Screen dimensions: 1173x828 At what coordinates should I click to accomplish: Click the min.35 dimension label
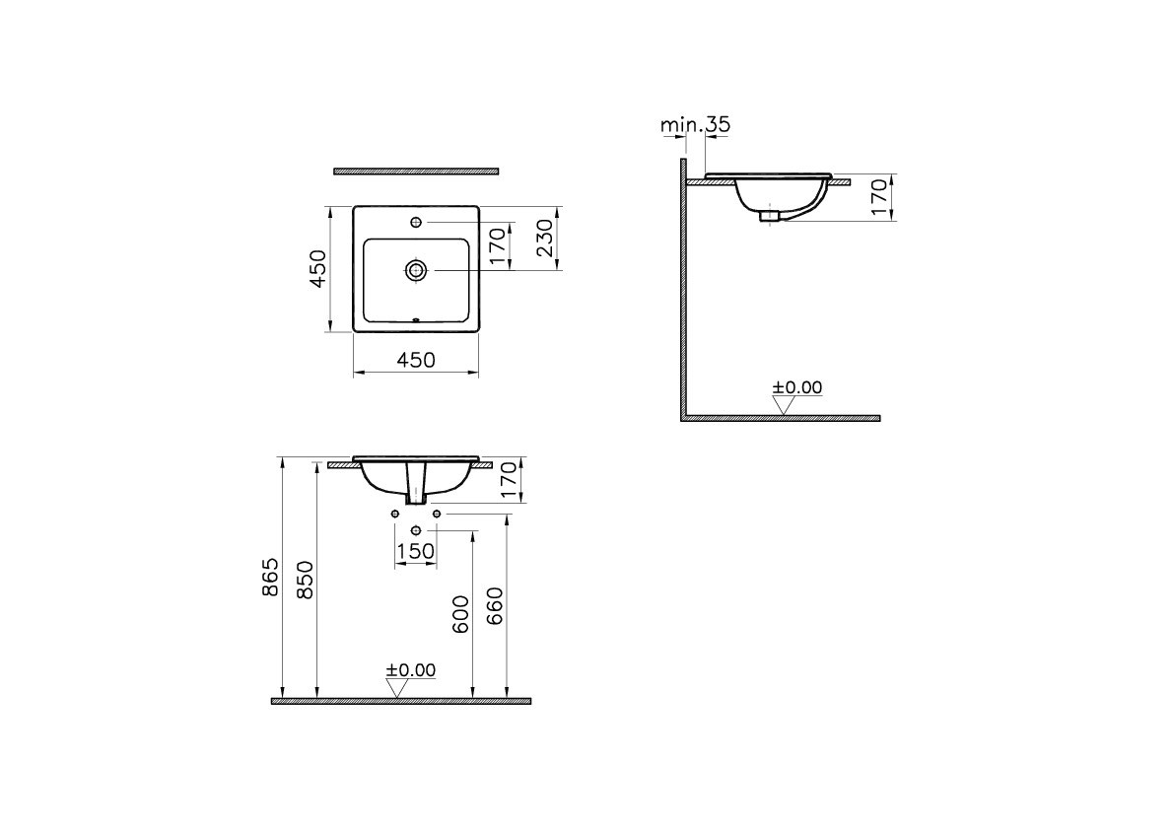pos(695,124)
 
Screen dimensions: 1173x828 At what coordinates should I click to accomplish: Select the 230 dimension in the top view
pos(546,238)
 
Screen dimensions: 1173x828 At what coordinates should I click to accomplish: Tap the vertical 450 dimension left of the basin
pos(318,268)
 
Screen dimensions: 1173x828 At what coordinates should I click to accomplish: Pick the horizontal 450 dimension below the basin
pos(416,360)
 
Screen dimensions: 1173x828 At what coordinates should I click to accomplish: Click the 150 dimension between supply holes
pos(415,551)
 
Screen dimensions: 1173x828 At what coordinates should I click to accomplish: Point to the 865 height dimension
pos(270,577)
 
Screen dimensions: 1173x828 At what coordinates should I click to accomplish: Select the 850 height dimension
pos(306,580)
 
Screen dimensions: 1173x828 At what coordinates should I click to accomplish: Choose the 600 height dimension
pos(461,614)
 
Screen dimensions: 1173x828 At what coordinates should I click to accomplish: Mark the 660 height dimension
pos(495,606)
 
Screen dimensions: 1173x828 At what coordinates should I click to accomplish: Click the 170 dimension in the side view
pos(879,197)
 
